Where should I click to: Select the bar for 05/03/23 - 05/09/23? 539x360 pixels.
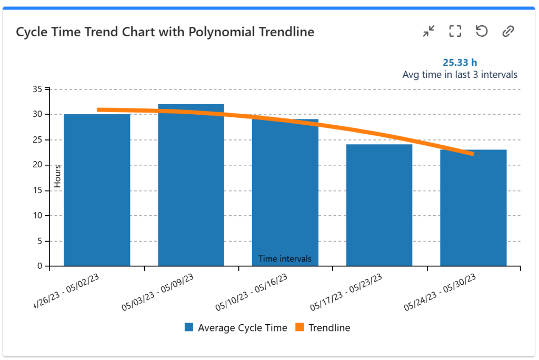[x=191, y=189]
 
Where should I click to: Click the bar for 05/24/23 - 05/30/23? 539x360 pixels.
[x=473, y=211]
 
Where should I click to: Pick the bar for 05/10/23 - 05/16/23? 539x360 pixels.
[x=285, y=195]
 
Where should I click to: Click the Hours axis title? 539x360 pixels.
[x=58, y=176]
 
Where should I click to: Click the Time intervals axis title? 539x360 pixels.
[x=285, y=259]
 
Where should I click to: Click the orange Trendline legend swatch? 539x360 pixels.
[x=300, y=327]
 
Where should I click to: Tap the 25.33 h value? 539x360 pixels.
[x=460, y=63]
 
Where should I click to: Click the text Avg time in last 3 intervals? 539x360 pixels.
[x=460, y=75]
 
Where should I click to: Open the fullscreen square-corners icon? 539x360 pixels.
[x=455, y=32]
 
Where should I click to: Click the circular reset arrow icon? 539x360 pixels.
[x=481, y=32]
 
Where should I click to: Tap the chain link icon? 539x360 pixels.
[x=507, y=32]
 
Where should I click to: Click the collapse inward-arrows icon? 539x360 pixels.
[x=429, y=32]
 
